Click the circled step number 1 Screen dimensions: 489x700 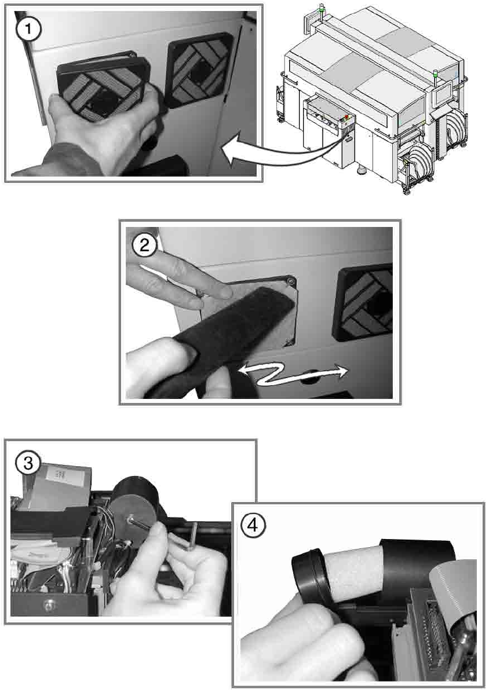28,29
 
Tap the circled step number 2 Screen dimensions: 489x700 144,245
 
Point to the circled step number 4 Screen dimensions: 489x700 253,525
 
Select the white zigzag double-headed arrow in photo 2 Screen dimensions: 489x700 293,374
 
